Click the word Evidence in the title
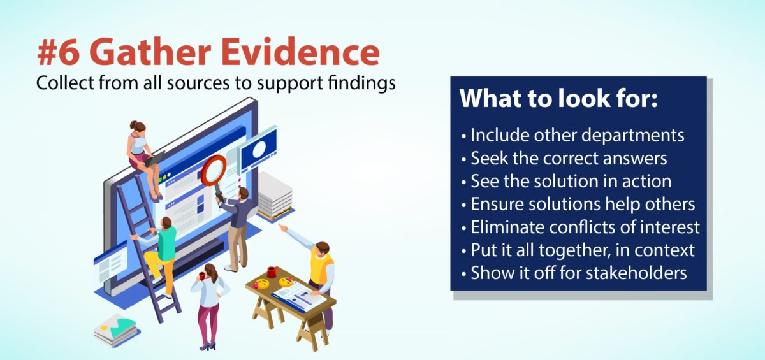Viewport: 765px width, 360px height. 300,52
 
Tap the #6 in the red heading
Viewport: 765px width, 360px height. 59,52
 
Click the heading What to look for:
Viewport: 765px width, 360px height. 558,98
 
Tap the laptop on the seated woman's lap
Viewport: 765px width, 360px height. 154,159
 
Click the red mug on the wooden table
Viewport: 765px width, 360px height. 272,272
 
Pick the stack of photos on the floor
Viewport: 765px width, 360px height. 117,330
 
